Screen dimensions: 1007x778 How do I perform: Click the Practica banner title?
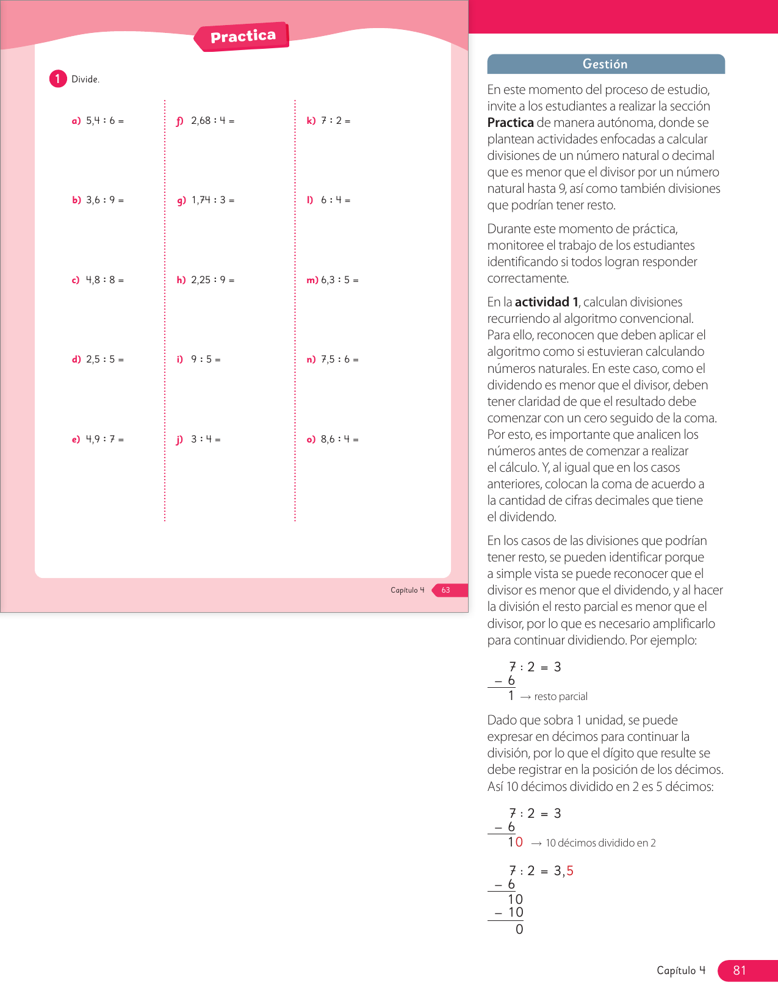(243, 37)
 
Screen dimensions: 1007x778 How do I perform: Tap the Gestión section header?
(605, 64)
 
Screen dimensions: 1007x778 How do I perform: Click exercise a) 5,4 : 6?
(98, 121)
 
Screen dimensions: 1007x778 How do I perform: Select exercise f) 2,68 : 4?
(206, 121)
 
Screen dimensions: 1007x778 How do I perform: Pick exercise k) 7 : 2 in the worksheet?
(328, 121)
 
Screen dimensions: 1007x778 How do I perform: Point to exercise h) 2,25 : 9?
(206, 280)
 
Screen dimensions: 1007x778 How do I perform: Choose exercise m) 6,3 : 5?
(333, 280)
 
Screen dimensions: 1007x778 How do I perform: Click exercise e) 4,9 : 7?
(98, 439)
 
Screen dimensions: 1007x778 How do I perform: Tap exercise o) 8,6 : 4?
(333, 439)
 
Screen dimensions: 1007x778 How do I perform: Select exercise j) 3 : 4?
(198, 439)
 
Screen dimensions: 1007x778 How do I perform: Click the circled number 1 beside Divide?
(58, 79)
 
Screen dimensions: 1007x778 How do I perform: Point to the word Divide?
(85, 79)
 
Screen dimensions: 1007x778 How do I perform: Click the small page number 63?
(446, 590)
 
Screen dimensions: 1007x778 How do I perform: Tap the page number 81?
(740, 970)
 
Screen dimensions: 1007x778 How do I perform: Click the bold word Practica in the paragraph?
(510, 123)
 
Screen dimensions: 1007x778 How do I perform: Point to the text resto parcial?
(560, 697)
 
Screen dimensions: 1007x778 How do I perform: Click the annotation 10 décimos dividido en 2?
(600, 843)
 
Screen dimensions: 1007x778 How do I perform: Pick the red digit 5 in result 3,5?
(570, 871)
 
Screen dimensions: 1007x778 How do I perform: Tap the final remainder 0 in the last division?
(519, 929)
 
